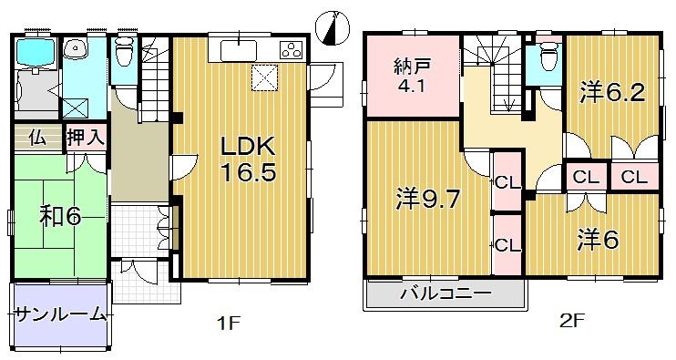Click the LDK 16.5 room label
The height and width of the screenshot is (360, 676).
tap(244, 159)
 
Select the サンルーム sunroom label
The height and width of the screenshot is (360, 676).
tap(60, 315)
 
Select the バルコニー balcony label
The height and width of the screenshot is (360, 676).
tap(446, 294)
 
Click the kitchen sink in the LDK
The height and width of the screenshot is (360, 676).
tap(241, 49)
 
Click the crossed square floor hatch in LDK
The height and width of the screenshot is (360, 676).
tap(264, 78)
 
